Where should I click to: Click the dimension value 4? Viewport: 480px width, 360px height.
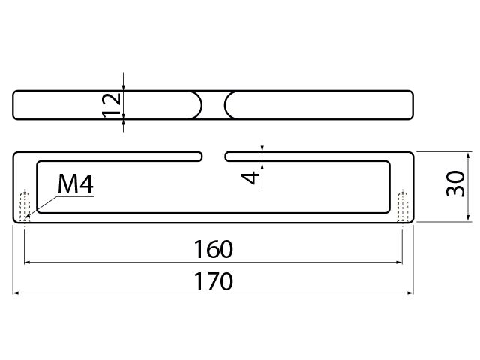(253, 176)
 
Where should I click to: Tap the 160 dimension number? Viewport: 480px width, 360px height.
(213, 247)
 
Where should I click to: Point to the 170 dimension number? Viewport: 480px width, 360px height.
(213, 282)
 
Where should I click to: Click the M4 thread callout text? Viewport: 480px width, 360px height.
(76, 184)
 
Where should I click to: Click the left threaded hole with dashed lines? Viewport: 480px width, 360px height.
(25, 205)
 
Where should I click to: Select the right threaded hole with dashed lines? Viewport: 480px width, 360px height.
(403, 205)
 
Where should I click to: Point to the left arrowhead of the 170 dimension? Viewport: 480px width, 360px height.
(17, 293)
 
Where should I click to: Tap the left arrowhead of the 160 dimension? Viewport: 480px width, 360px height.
(28, 262)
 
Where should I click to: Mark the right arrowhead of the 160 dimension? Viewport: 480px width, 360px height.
(399, 262)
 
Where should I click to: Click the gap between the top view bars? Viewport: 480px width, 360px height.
(214, 104)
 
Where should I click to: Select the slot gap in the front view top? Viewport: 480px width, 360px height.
(214, 156)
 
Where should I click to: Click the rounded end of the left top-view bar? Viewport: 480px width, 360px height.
(197, 104)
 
